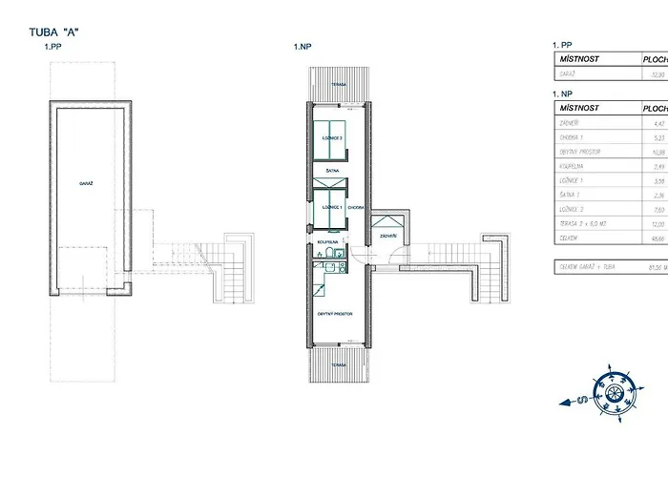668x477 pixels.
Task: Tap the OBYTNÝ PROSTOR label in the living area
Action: [336, 312]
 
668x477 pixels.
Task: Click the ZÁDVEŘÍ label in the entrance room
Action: [387, 234]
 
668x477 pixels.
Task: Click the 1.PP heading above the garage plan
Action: [52, 46]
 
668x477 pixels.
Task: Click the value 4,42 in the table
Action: [657, 122]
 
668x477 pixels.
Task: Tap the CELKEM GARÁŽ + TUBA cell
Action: [592, 267]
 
